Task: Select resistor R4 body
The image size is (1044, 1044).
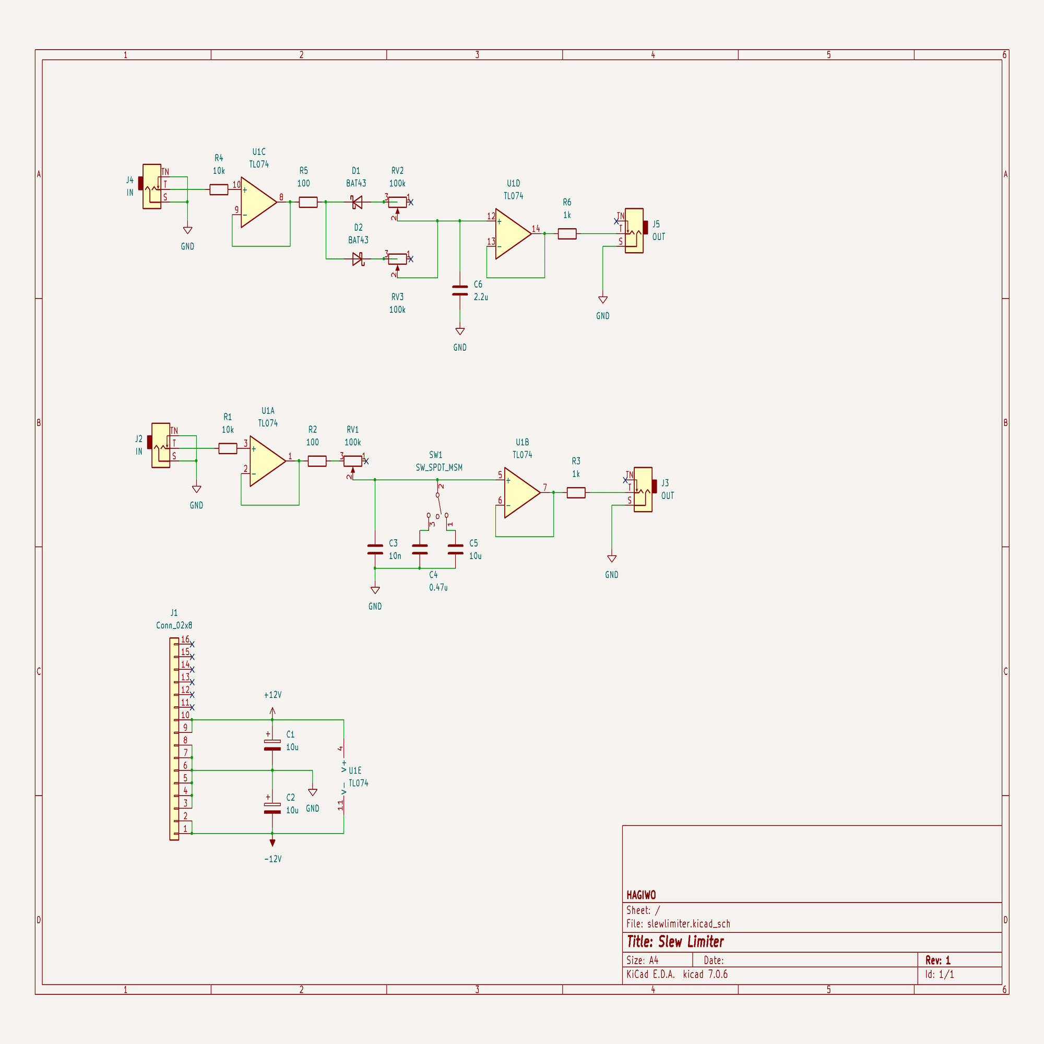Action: (x=218, y=189)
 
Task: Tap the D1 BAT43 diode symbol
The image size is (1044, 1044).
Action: (x=356, y=202)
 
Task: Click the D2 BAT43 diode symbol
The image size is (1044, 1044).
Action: (x=358, y=259)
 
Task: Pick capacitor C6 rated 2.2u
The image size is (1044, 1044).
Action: (x=460, y=291)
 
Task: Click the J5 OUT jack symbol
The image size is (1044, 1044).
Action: (x=634, y=231)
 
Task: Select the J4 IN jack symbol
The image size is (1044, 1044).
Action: (x=152, y=186)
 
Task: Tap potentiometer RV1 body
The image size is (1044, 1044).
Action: (x=353, y=461)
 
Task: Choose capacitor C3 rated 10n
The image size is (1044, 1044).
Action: (x=375, y=550)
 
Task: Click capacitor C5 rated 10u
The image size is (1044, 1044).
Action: (x=456, y=550)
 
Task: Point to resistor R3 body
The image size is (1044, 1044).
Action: (x=576, y=492)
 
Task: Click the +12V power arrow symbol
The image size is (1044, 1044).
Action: (x=272, y=711)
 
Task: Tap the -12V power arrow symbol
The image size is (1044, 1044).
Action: (x=272, y=843)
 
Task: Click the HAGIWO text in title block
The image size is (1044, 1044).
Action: (x=641, y=895)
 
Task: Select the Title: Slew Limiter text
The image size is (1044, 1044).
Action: (x=675, y=942)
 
